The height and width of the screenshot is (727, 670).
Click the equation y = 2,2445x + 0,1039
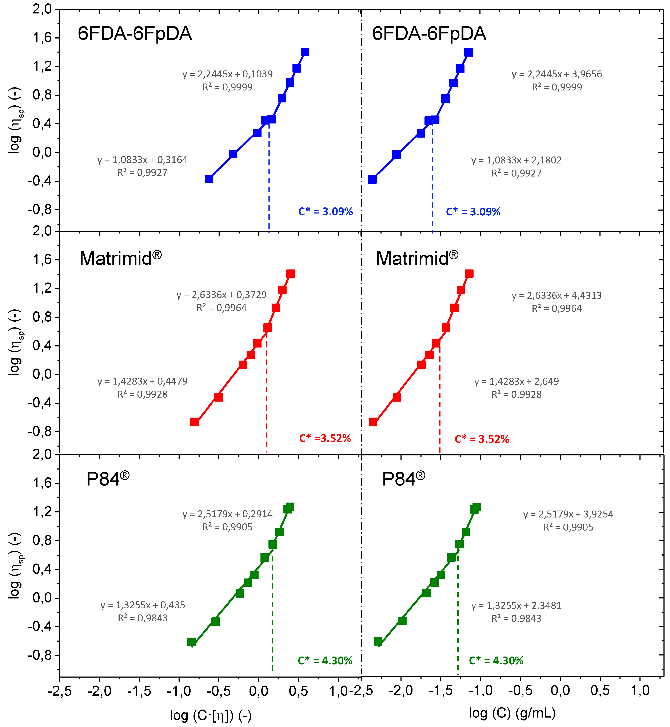click(x=227, y=74)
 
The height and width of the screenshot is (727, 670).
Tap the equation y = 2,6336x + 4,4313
click(x=557, y=296)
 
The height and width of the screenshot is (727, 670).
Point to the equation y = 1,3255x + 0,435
click(x=143, y=605)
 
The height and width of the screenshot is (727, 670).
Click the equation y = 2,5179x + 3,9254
click(x=568, y=514)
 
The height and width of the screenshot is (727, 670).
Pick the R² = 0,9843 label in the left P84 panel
click(x=143, y=618)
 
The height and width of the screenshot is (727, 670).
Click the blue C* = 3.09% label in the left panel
click(x=325, y=212)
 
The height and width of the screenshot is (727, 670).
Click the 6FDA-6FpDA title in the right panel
click(x=429, y=34)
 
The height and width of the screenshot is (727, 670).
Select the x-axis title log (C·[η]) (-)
click(x=211, y=715)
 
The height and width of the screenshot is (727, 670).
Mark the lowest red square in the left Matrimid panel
click(x=194, y=422)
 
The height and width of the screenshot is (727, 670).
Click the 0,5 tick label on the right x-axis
click(x=600, y=691)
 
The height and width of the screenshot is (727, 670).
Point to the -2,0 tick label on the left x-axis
click(x=99, y=691)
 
